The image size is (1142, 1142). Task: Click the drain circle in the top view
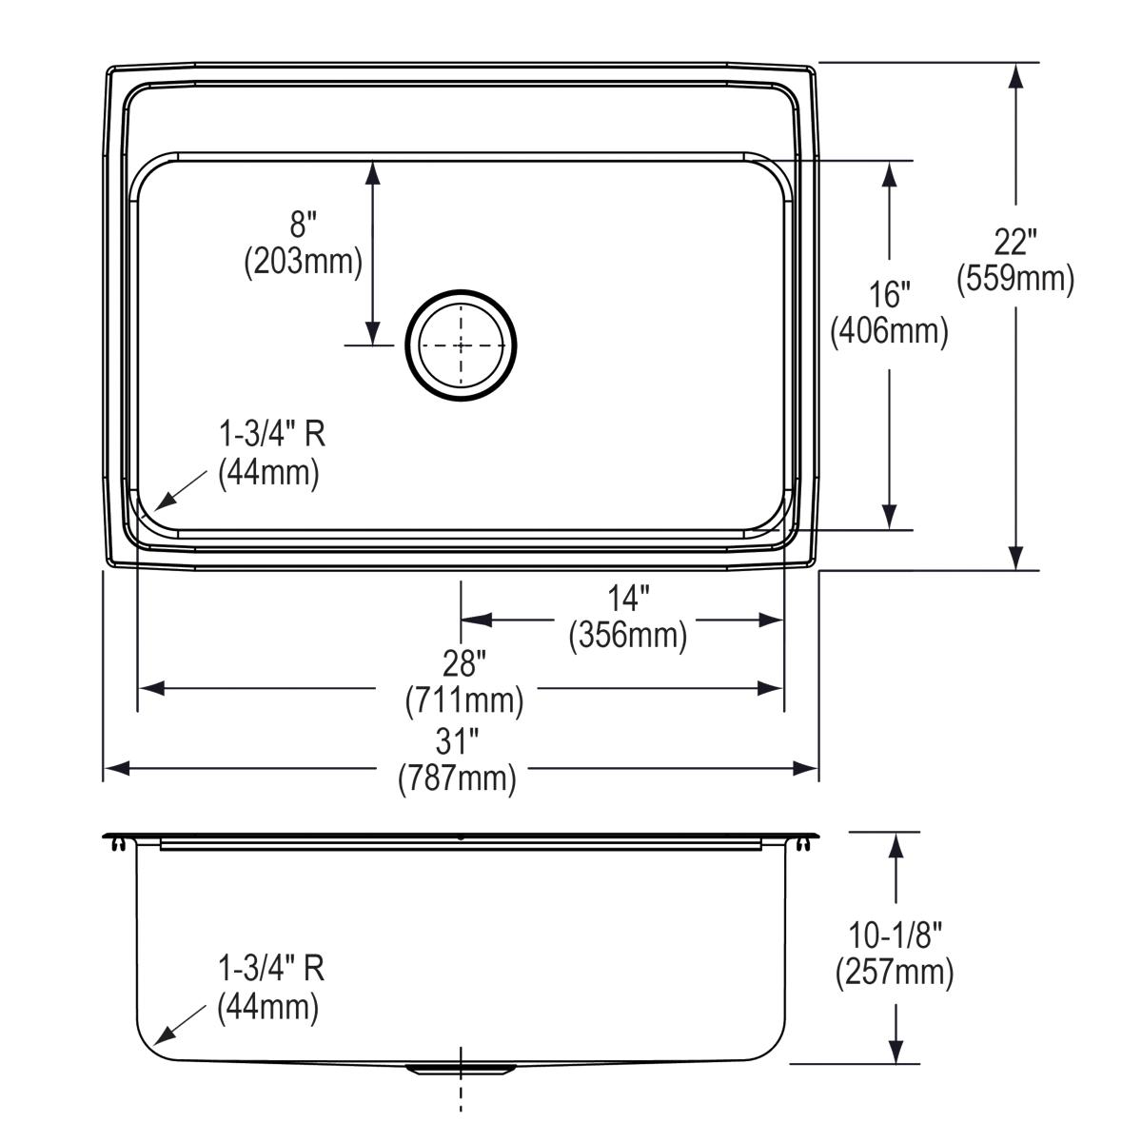pos(462,345)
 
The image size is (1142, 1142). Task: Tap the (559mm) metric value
pos(1015,278)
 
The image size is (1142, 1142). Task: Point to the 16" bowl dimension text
pos(889,294)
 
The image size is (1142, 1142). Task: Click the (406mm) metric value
pos(889,330)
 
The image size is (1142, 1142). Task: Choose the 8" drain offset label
pos(303,225)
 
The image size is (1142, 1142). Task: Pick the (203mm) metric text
pos(303,261)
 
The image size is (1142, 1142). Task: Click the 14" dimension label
pos(628,599)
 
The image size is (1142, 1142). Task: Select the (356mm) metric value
pos(628,635)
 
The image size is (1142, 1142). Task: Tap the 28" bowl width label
pos(464,663)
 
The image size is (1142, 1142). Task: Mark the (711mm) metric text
pos(464,700)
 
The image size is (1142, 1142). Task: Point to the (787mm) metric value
pos(458,778)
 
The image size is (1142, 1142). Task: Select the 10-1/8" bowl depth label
pos(895,935)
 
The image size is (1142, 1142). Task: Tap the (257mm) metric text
pos(895,972)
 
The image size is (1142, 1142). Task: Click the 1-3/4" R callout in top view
pos(272,435)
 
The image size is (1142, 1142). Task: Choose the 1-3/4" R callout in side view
pos(272,969)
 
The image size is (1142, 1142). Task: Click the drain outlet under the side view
pos(462,1070)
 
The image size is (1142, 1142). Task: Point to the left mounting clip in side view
pos(117,843)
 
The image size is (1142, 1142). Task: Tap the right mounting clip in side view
pos(805,843)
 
